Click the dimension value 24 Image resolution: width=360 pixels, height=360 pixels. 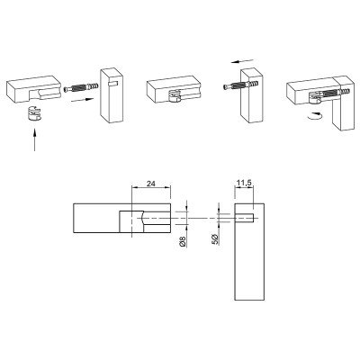(151, 184)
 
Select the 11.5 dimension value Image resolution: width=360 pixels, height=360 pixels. (244, 184)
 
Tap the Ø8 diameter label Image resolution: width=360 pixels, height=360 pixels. (183, 241)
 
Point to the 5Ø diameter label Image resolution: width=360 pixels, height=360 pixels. (216, 239)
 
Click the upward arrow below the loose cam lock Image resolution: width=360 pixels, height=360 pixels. (35, 140)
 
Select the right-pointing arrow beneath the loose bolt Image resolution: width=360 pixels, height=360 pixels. (82, 101)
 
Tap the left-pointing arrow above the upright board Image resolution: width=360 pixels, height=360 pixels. (242, 61)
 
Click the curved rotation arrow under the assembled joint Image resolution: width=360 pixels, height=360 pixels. (317, 116)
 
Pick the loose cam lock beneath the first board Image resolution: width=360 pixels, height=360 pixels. (33, 113)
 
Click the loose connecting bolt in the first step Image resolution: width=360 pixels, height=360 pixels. (82, 88)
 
